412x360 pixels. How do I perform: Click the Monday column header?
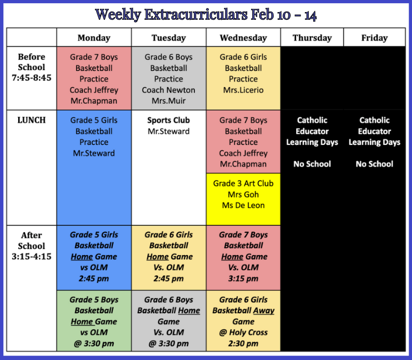[x=94, y=38]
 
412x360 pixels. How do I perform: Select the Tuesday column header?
[x=169, y=38]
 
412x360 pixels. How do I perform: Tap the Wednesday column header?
[x=243, y=38]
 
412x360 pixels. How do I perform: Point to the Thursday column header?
[x=312, y=38]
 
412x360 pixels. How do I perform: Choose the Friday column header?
[x=375, y=38]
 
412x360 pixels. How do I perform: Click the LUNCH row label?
[x=31, y=120]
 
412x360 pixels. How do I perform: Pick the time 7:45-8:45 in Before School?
[x=31, y=78]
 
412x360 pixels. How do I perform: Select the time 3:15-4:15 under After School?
[x=31, y=256]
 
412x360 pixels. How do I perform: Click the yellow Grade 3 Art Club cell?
[x=243, y=199]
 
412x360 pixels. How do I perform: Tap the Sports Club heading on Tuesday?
[x=169, y=120]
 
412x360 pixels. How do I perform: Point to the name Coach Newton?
[x=169, y=90]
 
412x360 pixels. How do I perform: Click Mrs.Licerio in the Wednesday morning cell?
[x=243, y=90]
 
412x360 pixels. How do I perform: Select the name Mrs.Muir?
[x=169, y=101]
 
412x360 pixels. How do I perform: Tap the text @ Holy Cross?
[x=243, y=333]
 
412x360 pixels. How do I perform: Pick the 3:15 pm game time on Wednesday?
[x=243, y=278]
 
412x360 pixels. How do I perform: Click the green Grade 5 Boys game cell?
[x=94, y=320]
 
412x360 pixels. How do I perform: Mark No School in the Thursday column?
[x=312, y=164]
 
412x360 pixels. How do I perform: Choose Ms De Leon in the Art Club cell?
[x=243, y=205]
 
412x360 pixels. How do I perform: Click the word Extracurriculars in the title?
[x=196, y=15]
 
